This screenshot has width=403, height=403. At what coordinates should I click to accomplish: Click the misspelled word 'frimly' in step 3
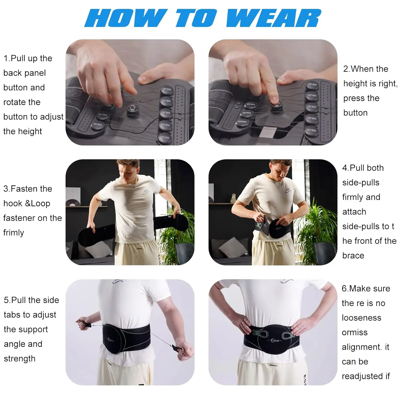(13, 232)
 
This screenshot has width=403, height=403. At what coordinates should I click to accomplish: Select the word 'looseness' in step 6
(361, 318)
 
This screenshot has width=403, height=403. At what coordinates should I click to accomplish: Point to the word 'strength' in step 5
(19, 359)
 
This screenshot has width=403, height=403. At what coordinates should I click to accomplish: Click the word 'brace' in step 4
(353, 256)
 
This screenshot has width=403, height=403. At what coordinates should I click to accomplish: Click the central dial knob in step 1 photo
(132, 109)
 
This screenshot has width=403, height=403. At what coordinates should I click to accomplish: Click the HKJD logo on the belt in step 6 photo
(275, 341)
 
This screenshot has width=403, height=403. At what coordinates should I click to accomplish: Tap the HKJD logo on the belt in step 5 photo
(110, 340)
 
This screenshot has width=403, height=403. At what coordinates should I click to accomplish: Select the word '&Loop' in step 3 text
(37, 203)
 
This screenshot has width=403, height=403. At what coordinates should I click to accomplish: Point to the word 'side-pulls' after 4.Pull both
(361, 183)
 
